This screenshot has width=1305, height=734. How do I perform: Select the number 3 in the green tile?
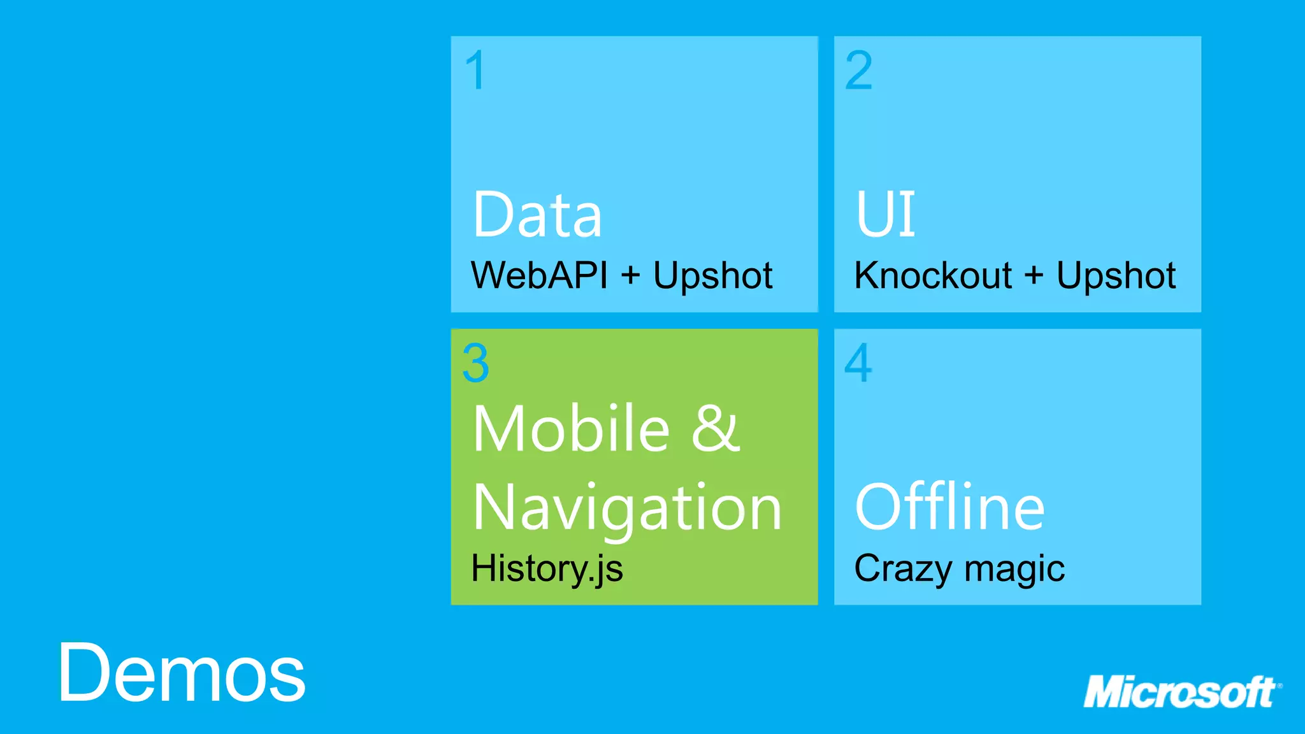click(x=476, y=363)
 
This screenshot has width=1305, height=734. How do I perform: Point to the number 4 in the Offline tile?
click(x=858, y=363)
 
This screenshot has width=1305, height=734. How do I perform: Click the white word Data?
click(x=537, y=215)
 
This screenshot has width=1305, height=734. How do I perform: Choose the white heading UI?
click(x=885, y=215)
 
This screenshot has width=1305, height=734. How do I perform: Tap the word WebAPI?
click(x=539, y=275)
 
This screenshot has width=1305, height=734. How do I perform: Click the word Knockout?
click(x=933, y=275)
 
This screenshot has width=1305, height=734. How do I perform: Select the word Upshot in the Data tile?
click(x=712, y=277)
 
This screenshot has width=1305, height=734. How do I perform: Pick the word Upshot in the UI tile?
click(x=1116, y=277)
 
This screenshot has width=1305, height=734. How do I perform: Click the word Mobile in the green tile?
click(x=571, y=428)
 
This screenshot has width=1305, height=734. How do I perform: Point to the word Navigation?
click(x=627, y=508)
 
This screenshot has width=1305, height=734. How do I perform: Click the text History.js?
click(x=547, y=568)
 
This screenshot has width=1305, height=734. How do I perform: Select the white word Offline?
click(x=949, y=507)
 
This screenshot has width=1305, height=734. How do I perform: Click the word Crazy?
click(x=902, y=568)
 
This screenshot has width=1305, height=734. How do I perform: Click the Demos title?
click(x=182, y=673)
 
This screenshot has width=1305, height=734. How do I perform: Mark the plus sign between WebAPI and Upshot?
click(x=630, y=275)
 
